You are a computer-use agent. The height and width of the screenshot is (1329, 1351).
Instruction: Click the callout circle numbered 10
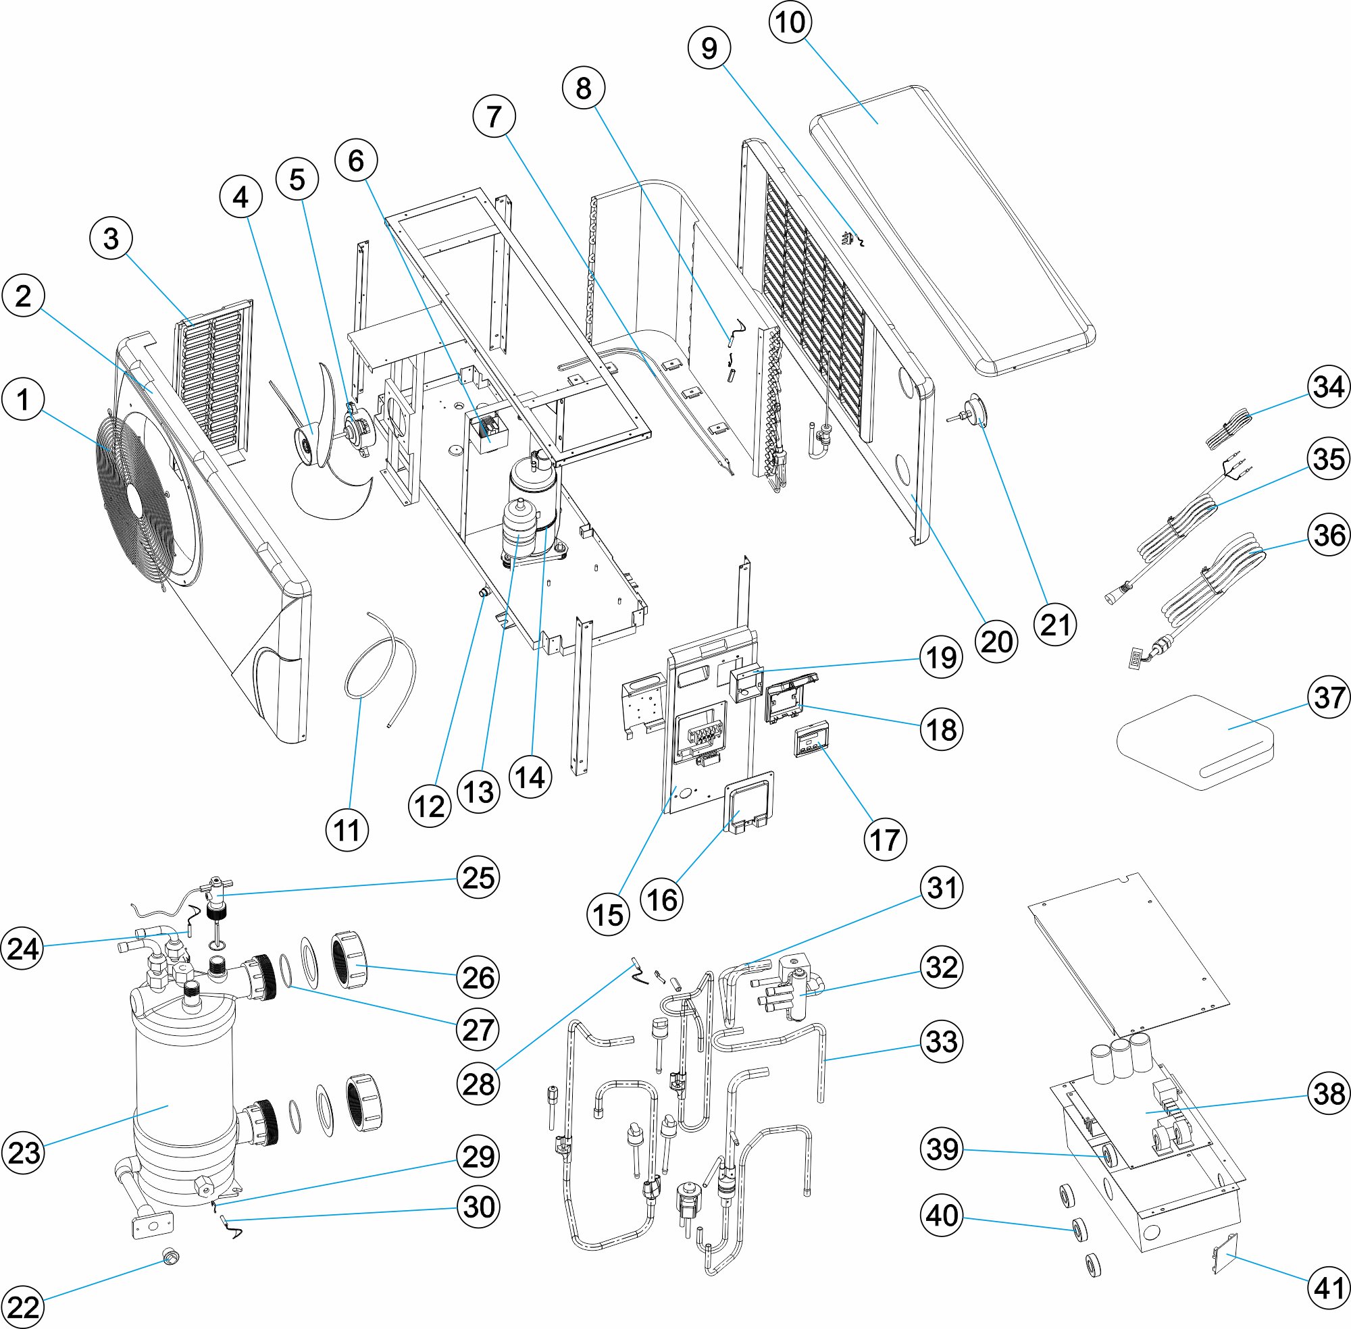point(790,22)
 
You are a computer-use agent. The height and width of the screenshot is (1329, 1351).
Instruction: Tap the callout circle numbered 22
point(23,1307)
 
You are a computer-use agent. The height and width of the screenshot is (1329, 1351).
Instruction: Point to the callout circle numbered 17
point(886,839)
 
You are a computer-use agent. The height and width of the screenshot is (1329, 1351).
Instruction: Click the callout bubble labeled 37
point(1329,698)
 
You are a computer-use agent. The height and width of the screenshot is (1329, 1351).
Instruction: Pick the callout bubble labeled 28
point(478,1084)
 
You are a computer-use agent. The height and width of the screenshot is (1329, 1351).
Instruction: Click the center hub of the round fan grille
point(133,492)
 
